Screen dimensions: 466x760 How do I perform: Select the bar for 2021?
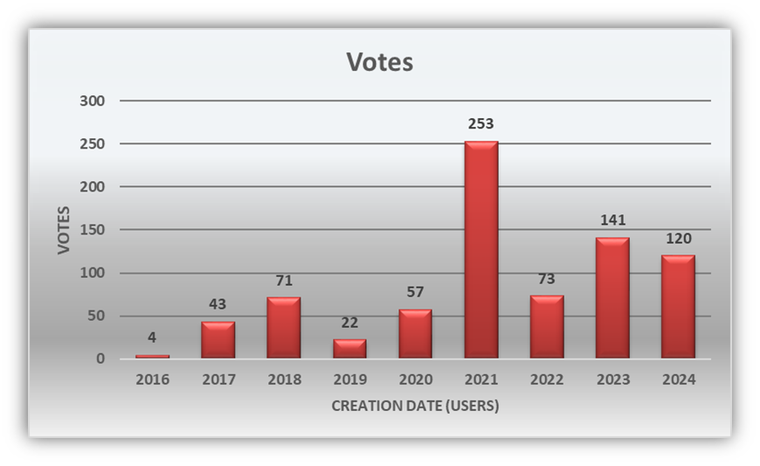[x=481, y=249]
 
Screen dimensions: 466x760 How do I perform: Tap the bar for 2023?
[x=612, y=297]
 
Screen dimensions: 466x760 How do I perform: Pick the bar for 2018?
[x=284, y=327]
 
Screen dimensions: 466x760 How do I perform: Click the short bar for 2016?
[x=152, y=356]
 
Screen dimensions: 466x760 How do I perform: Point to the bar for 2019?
[x=349, y=348]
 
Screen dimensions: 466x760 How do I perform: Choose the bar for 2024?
[x=678, y=306]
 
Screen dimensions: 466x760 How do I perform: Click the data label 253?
[x=481, y=125]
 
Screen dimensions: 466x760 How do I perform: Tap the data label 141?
[x=612, y=220]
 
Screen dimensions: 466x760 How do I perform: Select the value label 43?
[x=218, y=305]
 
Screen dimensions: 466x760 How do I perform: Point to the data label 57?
[x=415, y=293]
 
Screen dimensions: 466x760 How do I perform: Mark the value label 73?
[x=547, y=280]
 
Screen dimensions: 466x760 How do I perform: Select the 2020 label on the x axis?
[x=415, y=379]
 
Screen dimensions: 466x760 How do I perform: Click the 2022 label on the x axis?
[x=547, y=379]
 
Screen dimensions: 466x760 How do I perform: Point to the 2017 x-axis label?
[x=218, y=379]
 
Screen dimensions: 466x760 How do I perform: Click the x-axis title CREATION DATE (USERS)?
[x=415, y=406]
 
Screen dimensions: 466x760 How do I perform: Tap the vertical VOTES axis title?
[x=64, y=230]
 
